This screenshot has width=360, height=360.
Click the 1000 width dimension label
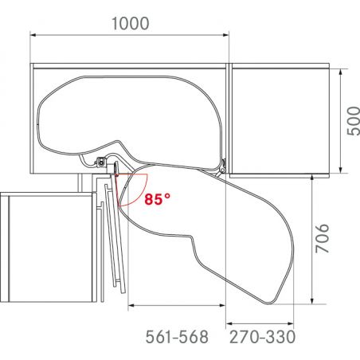pos(129,23)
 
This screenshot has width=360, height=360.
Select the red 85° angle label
pos(158,199)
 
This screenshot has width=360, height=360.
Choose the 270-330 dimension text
pos(262,337)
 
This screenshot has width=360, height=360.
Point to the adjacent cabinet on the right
pos(279,119)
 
